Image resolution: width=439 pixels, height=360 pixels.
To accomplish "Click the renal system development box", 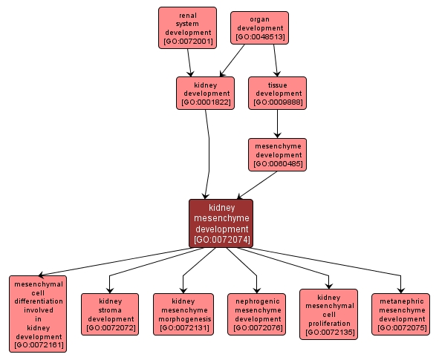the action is (187, 28).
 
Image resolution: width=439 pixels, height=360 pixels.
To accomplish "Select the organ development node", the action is (259, 28).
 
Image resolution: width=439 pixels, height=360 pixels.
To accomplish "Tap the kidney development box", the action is (205, 93).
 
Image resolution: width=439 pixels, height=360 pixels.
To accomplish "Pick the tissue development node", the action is (278, 93).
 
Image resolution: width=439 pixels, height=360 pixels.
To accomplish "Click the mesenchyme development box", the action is (278, 154).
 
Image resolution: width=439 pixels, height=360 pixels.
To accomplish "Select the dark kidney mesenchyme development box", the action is (221, 223).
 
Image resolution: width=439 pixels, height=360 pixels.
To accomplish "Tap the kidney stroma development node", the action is (110, 314).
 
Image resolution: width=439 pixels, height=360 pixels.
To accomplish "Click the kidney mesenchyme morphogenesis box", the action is (183, 314).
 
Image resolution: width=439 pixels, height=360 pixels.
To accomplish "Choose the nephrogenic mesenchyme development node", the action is (257, 314).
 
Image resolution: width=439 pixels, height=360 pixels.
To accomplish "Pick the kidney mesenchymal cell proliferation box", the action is (328, 315).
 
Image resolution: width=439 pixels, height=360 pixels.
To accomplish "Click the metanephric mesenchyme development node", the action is (400, 314).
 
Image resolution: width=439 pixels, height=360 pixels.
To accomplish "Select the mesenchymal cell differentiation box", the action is (38, 314).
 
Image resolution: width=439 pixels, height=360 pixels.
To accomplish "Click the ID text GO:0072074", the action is (222, 240).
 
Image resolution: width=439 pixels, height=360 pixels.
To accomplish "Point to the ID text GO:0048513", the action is (261, 37).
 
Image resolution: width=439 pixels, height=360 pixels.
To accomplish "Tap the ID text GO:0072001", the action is (188, 42).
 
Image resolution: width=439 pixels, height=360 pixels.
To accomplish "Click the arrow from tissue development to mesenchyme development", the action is (278, 124).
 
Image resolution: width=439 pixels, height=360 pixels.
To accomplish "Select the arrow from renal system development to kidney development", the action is (189, 63).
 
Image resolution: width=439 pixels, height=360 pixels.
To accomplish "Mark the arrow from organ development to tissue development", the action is (276, 61).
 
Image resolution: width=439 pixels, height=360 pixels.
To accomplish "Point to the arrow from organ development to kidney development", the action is (232, 61).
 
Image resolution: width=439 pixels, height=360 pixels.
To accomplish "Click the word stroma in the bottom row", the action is (110, 310).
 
